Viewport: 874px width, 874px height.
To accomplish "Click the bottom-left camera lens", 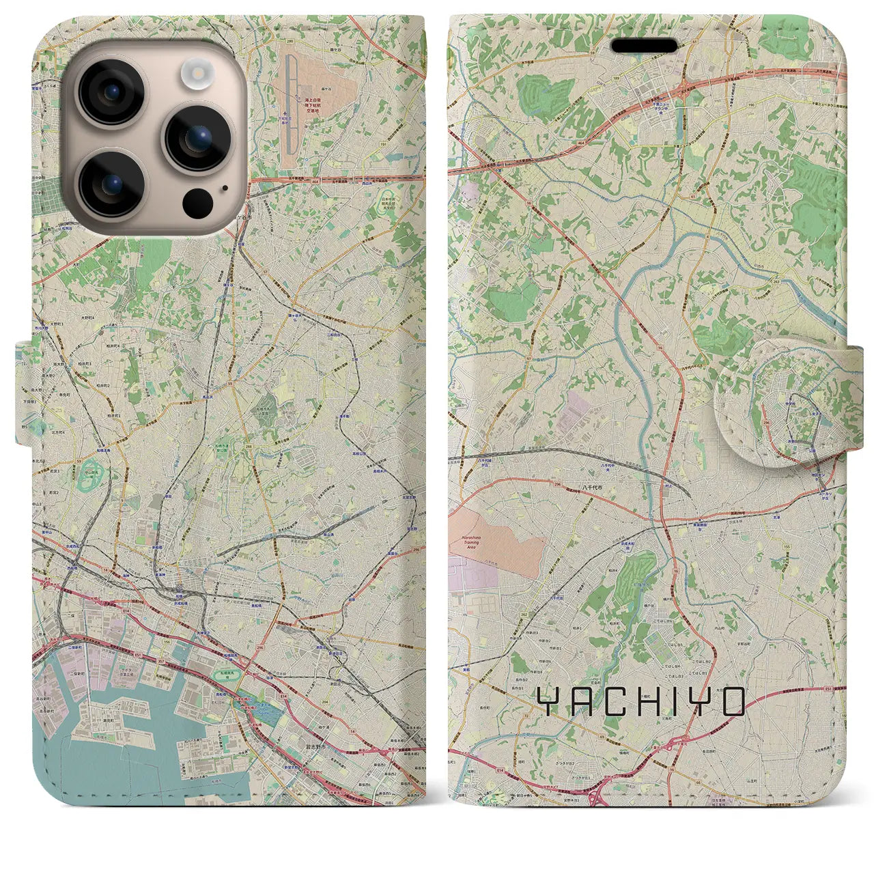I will pos(111,184).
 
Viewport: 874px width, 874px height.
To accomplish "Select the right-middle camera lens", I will pos(198,139).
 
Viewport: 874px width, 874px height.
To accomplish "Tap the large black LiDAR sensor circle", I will pos(197,203).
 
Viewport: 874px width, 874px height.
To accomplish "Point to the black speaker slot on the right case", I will pos(643,45).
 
